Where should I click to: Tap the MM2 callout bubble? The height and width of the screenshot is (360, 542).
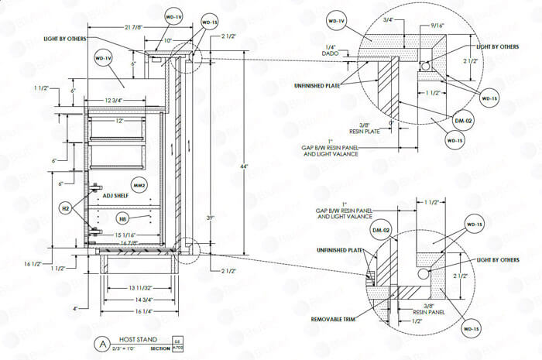[x=139, y=185]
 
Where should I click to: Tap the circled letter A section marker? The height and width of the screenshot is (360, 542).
[x=101, y=343]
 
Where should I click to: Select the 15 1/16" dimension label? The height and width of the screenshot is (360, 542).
[x=125, y=235]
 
